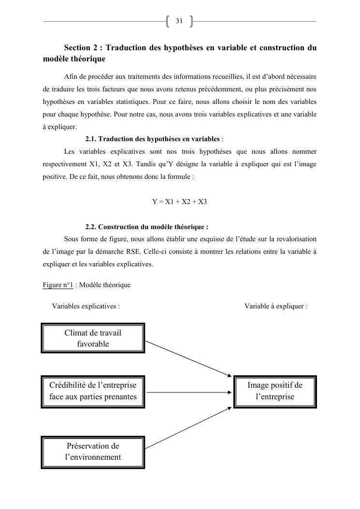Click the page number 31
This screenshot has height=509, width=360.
tap(179, 21)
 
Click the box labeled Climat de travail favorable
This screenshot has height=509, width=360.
tap(93, 338)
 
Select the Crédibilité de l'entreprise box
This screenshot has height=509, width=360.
tap(93, 392)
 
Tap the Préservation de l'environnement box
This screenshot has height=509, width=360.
tap(93, 451)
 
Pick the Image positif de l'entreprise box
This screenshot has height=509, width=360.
tap(275, 391)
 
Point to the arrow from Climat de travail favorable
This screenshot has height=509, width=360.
tap(188, 358)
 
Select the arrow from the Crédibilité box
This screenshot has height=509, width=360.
tap(188, 392)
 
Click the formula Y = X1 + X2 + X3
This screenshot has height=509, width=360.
tap(180, 202)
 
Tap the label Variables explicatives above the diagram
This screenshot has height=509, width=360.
tap(86, 306)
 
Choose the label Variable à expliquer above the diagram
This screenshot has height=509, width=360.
tap(275, 306)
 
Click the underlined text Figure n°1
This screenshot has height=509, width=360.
tap(58, 285)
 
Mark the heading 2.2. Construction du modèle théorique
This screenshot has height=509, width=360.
tap(147, 227)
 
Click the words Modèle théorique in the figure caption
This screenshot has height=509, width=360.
tap(105, 285)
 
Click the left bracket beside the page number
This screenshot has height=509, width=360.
tap(168, 21)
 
